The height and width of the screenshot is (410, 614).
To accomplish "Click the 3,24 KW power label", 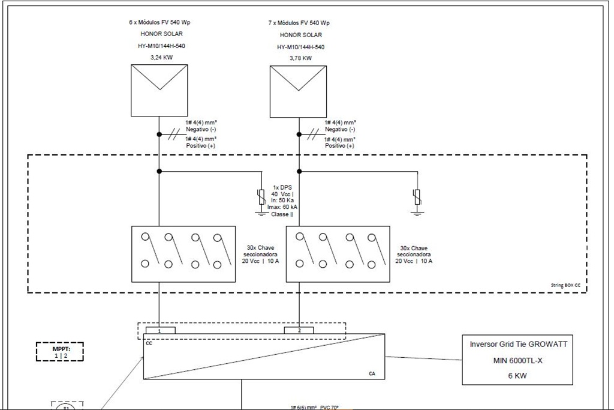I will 160,58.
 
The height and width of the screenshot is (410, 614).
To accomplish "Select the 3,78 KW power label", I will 300,58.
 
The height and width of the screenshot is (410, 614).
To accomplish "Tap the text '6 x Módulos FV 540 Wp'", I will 160,22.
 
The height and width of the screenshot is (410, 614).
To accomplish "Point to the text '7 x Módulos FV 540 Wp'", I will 300,23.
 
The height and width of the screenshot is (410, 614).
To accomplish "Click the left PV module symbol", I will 160,91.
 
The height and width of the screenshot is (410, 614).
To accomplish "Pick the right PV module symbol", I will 299,91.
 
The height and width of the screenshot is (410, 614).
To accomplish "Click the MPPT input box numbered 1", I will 160,330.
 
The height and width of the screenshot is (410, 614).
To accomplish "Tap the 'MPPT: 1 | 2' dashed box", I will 60,352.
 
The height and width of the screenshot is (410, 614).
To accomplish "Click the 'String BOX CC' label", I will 565,285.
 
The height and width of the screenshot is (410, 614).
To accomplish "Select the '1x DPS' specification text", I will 282,187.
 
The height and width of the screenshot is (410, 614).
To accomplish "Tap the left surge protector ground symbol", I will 261,212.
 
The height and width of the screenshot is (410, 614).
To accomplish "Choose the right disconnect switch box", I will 338,254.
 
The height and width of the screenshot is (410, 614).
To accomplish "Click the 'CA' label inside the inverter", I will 372,373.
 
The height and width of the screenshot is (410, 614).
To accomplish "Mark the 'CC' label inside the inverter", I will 149,343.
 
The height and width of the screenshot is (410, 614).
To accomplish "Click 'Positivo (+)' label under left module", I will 201,146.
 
